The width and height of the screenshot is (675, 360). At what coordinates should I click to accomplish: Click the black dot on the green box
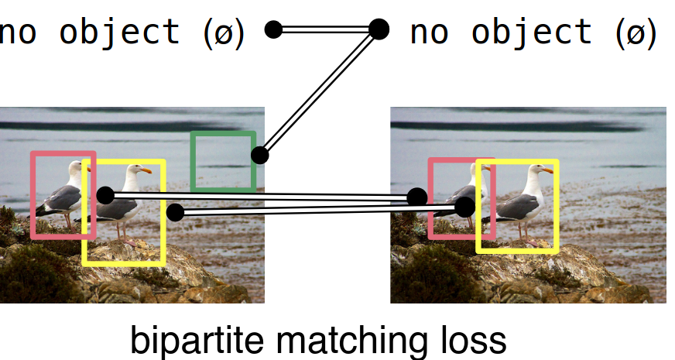point(259,155)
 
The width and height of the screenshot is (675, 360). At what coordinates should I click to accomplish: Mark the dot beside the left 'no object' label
point(272,30)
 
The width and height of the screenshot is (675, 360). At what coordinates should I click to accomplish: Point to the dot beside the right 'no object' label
point(378,29)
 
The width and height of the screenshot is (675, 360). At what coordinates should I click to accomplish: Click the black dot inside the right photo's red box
point(417,197)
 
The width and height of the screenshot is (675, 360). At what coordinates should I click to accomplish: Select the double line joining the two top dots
point(325,30)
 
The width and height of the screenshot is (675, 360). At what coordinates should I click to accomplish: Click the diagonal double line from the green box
point(319,92)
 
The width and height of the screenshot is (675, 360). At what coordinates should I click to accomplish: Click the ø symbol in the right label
point(636,33)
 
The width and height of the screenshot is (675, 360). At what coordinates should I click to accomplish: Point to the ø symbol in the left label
point(225,33)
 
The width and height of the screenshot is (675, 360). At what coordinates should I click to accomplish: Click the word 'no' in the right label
point(429,33)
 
